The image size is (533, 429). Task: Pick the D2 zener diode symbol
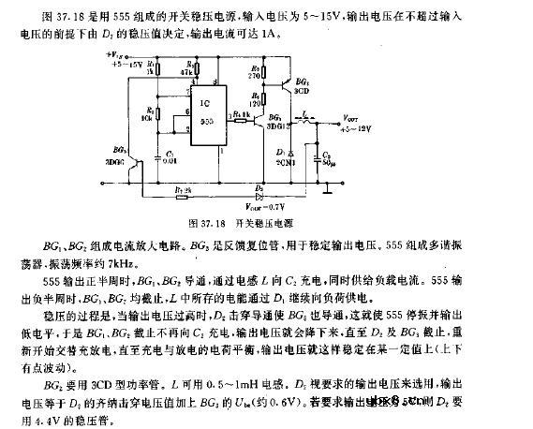pyautogui.click(x=246, y=191)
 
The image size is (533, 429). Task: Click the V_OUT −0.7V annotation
pyautogui.click(x=261, y=205)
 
